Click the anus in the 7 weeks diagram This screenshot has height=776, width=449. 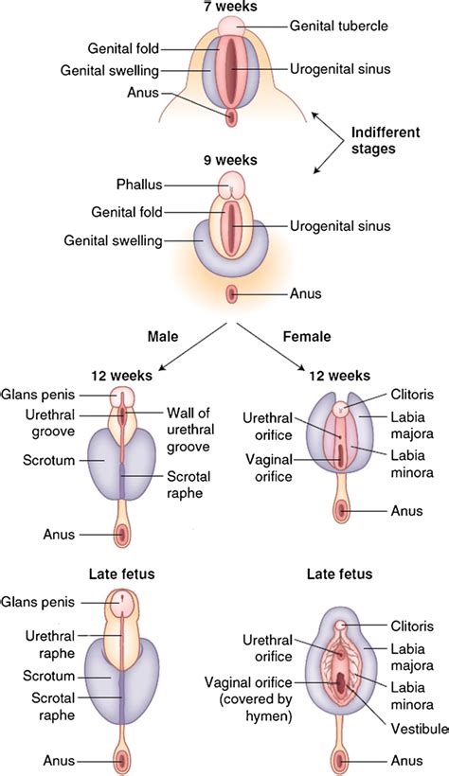pyautogui.click(x=231, y=116)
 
